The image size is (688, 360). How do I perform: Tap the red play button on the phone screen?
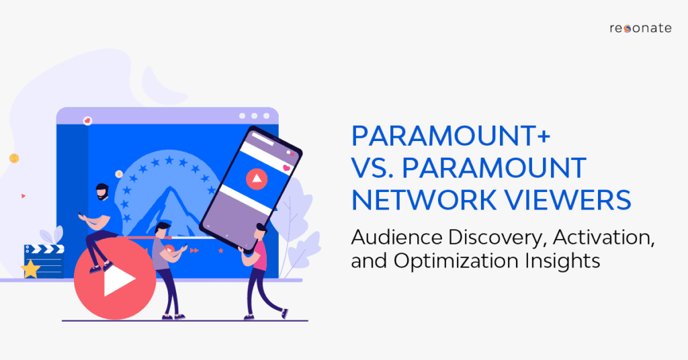click(256, 179)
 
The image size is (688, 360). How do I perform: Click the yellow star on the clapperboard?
click(30, 269)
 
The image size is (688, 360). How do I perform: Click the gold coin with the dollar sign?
click(13, 159)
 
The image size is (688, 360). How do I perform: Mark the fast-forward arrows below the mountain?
click(195, 251)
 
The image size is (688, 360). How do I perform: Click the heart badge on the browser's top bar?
click(87, 120)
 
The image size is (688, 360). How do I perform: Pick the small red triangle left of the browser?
click(24, 196)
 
